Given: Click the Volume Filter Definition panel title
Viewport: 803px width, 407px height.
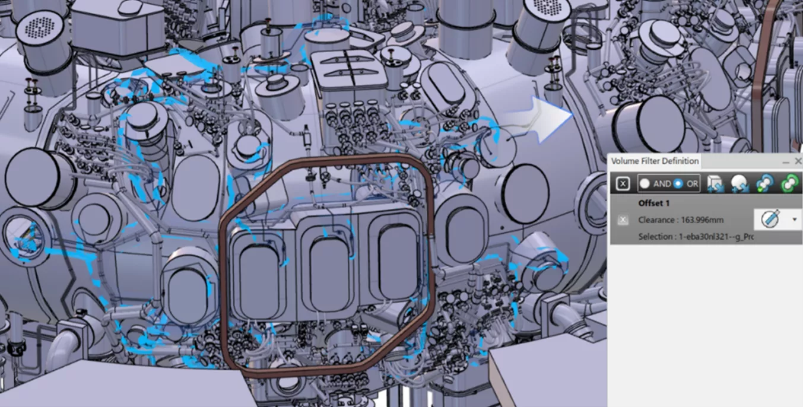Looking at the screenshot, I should (x=655, y=161).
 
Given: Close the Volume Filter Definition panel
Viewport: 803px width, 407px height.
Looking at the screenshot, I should (x=798, y=161).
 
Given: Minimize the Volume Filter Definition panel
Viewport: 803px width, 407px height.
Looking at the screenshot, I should (x=786, y=161).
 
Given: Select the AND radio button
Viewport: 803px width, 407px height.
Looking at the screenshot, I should (x=645, y=184).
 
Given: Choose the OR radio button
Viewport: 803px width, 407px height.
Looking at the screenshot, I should (x=678, y=184).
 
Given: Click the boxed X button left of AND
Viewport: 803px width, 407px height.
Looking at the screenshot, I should (x=623, y=184).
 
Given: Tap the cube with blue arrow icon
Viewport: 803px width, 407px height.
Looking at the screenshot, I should (x=715, y=184).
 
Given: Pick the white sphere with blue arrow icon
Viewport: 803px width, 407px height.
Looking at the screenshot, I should (x=739, y=184).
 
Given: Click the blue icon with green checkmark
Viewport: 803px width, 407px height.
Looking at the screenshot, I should (x=764, y=184).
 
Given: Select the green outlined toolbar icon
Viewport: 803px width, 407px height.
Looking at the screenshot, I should (x=789, y=184).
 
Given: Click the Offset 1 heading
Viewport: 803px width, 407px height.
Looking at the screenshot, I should (x=653, y=203).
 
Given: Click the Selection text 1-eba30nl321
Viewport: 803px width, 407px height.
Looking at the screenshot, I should (x=696, y=237).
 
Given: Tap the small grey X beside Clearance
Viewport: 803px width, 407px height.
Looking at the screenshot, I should (x=623, y=220).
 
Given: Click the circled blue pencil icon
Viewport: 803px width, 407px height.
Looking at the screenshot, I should (x=771, y=220).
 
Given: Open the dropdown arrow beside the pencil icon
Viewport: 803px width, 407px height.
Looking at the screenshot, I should (x=794, y=220).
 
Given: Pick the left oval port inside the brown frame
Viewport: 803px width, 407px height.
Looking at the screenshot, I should (x=259, y=274).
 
